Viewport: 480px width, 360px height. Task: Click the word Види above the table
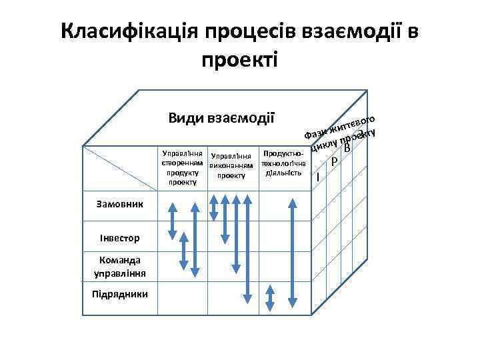click(186, 119)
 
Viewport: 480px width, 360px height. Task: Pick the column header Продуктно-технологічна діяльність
click(284, 163)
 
